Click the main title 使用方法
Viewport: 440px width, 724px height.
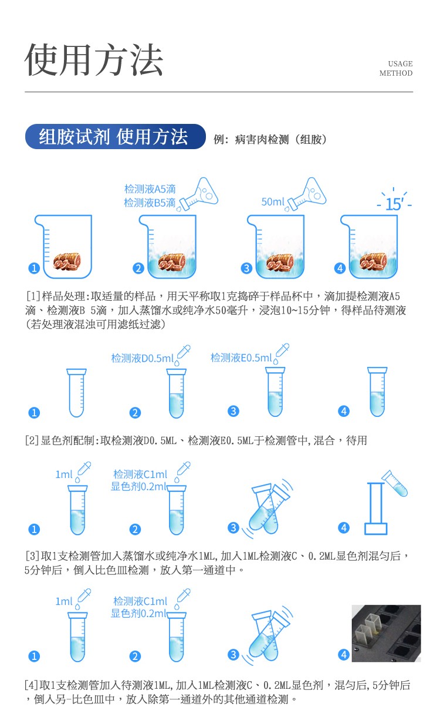point(94,60)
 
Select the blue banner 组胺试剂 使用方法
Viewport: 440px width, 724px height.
point(115,137)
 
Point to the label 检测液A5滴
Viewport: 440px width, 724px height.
point(150,189)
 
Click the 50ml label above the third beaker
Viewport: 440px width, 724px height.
point(273,202)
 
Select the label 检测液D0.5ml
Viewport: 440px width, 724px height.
point(142,358)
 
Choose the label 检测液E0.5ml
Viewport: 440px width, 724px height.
point(241,358)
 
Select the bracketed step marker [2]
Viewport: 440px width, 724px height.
point(32,440)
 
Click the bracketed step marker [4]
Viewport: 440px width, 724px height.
point(32,685)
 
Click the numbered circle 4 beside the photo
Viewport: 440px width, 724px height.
point(344,655)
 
